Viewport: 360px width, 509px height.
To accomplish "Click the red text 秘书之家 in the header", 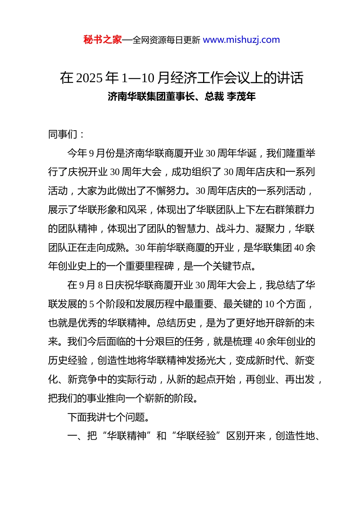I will (103, 40).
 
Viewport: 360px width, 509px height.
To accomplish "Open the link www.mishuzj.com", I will (241, 40).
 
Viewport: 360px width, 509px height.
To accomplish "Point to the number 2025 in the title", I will (89, 78).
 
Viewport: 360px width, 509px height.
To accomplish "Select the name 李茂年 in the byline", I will (241, 97).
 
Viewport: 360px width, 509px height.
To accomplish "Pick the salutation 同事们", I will (63, 134).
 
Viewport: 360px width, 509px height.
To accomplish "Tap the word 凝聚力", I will (270, 229).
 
